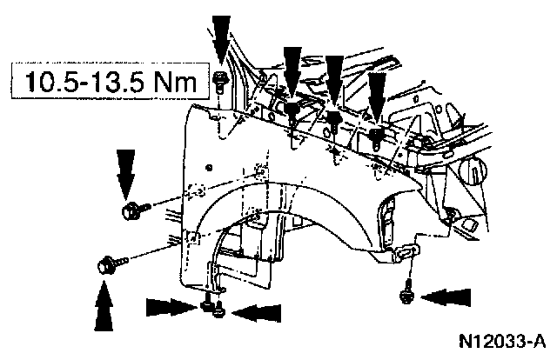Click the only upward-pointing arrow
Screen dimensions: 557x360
104,311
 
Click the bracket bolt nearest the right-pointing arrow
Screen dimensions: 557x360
206,305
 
